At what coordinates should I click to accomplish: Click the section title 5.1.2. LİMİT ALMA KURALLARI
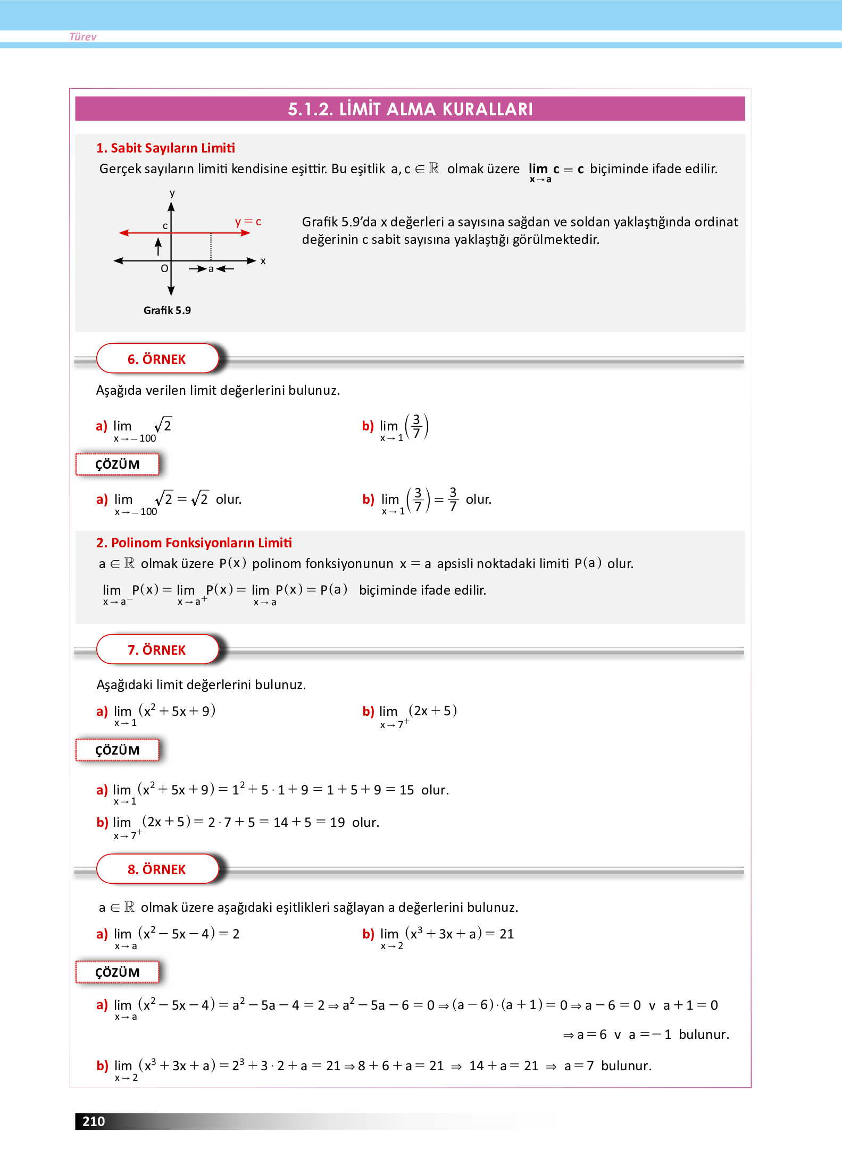pos(410,109)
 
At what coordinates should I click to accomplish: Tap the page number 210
pos(94,1121)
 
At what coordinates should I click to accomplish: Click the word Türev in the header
pos(83,37)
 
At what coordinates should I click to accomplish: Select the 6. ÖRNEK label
pos(157,359)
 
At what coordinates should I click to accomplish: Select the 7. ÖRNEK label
pos(157,650)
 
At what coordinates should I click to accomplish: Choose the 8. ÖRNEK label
pos(157,869)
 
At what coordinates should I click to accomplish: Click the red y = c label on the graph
pos(248,221)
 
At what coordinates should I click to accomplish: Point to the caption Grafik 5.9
pos(167,310)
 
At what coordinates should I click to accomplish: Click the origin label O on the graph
pos(164,269)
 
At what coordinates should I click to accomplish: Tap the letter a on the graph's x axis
pos(211,269)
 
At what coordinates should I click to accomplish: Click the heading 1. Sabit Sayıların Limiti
pos(165,148)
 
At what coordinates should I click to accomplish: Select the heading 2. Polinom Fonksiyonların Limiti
pos(194,543)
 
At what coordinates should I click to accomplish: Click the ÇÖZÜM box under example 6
pos(118,464)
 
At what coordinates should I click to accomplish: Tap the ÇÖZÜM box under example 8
pos(118,972)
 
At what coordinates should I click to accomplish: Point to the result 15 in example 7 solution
pos(407,790)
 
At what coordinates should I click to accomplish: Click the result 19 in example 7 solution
pos(337,823)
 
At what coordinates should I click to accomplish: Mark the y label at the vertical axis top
pos(172,193)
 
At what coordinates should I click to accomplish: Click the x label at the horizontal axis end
pos(263,261)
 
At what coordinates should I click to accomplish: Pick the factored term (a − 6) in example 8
pos(473,1005)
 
